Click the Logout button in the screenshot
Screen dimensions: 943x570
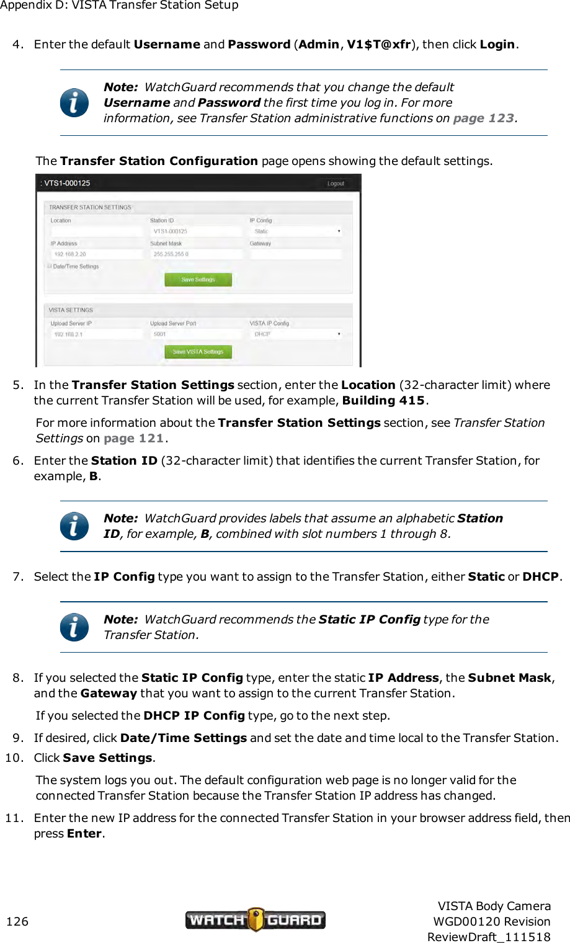[336, 184]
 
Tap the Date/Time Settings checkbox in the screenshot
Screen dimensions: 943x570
[50, 266]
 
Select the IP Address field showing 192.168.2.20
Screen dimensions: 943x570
[96, 254]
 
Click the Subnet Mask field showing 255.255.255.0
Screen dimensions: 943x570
[196, 254]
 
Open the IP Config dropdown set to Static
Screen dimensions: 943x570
[296, 231]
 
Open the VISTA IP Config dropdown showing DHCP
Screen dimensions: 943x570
[296, 334]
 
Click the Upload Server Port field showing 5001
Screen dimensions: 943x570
[196, 334]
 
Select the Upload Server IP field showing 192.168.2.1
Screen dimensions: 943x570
[96, 334]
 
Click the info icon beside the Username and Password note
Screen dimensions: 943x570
[74, 103]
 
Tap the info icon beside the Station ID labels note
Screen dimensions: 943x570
[74, 526]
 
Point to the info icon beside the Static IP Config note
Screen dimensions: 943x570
[74, 627]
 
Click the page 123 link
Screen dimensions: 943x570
[484, 118]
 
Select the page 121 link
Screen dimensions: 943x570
[133, 439]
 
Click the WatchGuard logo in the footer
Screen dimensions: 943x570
[255, 919]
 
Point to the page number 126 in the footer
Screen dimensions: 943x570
[17, 921]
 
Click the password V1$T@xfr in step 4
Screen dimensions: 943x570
[378, 45]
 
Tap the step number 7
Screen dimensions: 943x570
[18, 577]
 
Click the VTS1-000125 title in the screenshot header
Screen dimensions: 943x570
[67, 184]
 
